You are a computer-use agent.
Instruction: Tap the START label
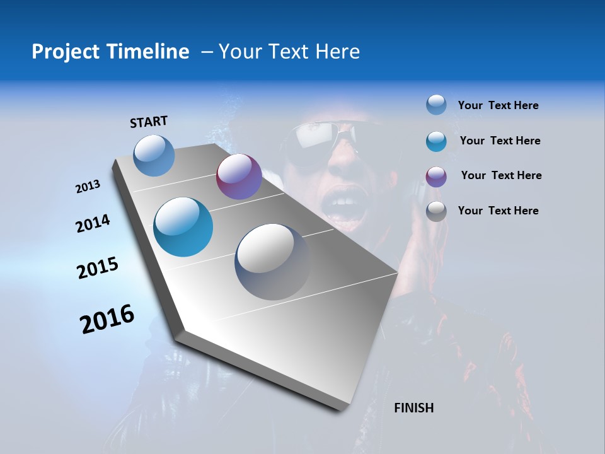(x=149, y=122)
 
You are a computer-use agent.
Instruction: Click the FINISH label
(x=413, y=408)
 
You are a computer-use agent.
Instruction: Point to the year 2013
(x=88, y=187)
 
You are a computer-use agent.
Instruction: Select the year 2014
(x=93, y=223)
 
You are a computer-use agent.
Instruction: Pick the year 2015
(x=98, y=268)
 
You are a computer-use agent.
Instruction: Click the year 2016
(x=107, y=319)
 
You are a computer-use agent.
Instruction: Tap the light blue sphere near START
(x=154, y=155)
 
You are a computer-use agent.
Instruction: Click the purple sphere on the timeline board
(x=239, y=177)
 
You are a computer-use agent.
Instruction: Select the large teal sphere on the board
(x=183, y=227)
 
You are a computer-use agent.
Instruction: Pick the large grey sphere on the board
(x=273, y=262)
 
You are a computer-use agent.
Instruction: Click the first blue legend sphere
(x=436, y=105)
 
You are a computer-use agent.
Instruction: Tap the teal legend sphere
(x=436, y=141)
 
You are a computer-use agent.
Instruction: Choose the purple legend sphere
(x=436, y=176)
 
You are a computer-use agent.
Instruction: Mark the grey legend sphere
(x=436, y=211)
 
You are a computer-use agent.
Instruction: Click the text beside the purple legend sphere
(x=501, y=175)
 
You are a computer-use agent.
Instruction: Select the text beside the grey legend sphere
(x=498, y=211)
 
